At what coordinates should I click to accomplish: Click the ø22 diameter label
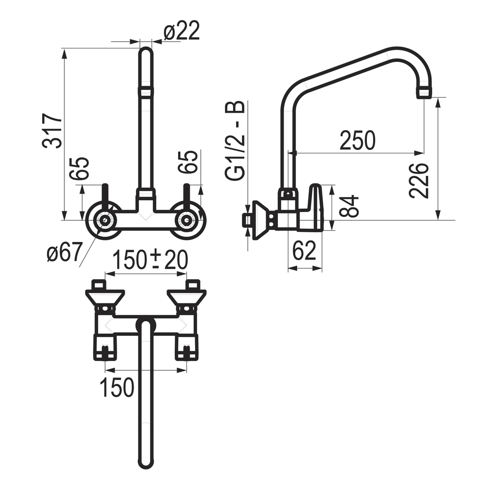[x=182, y=30]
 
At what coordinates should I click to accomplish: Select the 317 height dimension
[x=52, y=131]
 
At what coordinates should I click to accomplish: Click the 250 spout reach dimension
[x=358, y=140]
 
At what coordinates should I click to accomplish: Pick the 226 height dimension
[x=419, y=180]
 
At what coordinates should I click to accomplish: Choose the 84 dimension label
[x=349, y=206]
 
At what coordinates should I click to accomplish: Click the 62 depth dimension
[x=304, y=251]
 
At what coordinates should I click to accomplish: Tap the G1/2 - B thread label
[x=235, y=140]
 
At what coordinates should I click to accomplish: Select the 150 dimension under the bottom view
[x=117, y=387]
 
